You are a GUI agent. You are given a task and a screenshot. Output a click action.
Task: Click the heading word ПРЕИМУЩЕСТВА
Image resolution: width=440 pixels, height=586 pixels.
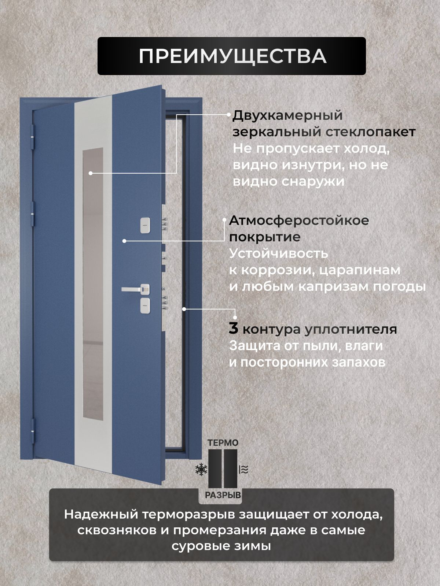[x=232, y=57]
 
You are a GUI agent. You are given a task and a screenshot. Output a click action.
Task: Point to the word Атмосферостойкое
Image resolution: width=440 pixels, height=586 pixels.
[x=299, y=220]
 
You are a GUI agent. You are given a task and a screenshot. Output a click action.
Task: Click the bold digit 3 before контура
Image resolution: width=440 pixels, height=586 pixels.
[x=233, y=329]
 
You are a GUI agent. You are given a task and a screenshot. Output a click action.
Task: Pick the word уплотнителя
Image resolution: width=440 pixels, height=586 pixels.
[x=351, y=330]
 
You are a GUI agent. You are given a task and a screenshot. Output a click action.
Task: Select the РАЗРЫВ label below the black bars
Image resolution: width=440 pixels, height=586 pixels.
[x=223, y=495]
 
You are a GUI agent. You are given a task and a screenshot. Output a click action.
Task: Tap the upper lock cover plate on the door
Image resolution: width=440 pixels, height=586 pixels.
[x=145, y=225]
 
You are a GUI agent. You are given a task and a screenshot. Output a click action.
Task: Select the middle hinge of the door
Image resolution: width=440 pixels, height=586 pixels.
[x=33, y=214]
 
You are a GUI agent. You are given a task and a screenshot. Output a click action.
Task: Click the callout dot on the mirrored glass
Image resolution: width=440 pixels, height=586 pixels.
[x=91, y=173]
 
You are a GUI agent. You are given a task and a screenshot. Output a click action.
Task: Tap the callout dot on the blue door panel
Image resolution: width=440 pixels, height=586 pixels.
[x=124, y=241]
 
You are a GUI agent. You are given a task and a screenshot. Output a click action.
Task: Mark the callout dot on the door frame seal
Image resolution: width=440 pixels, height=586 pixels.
[x=184, y=309]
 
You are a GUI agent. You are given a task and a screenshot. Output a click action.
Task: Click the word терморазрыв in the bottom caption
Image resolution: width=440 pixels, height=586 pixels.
[x=188, y=515]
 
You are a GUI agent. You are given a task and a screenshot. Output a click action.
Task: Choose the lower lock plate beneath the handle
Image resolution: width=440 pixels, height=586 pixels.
[x=145, y=305]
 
